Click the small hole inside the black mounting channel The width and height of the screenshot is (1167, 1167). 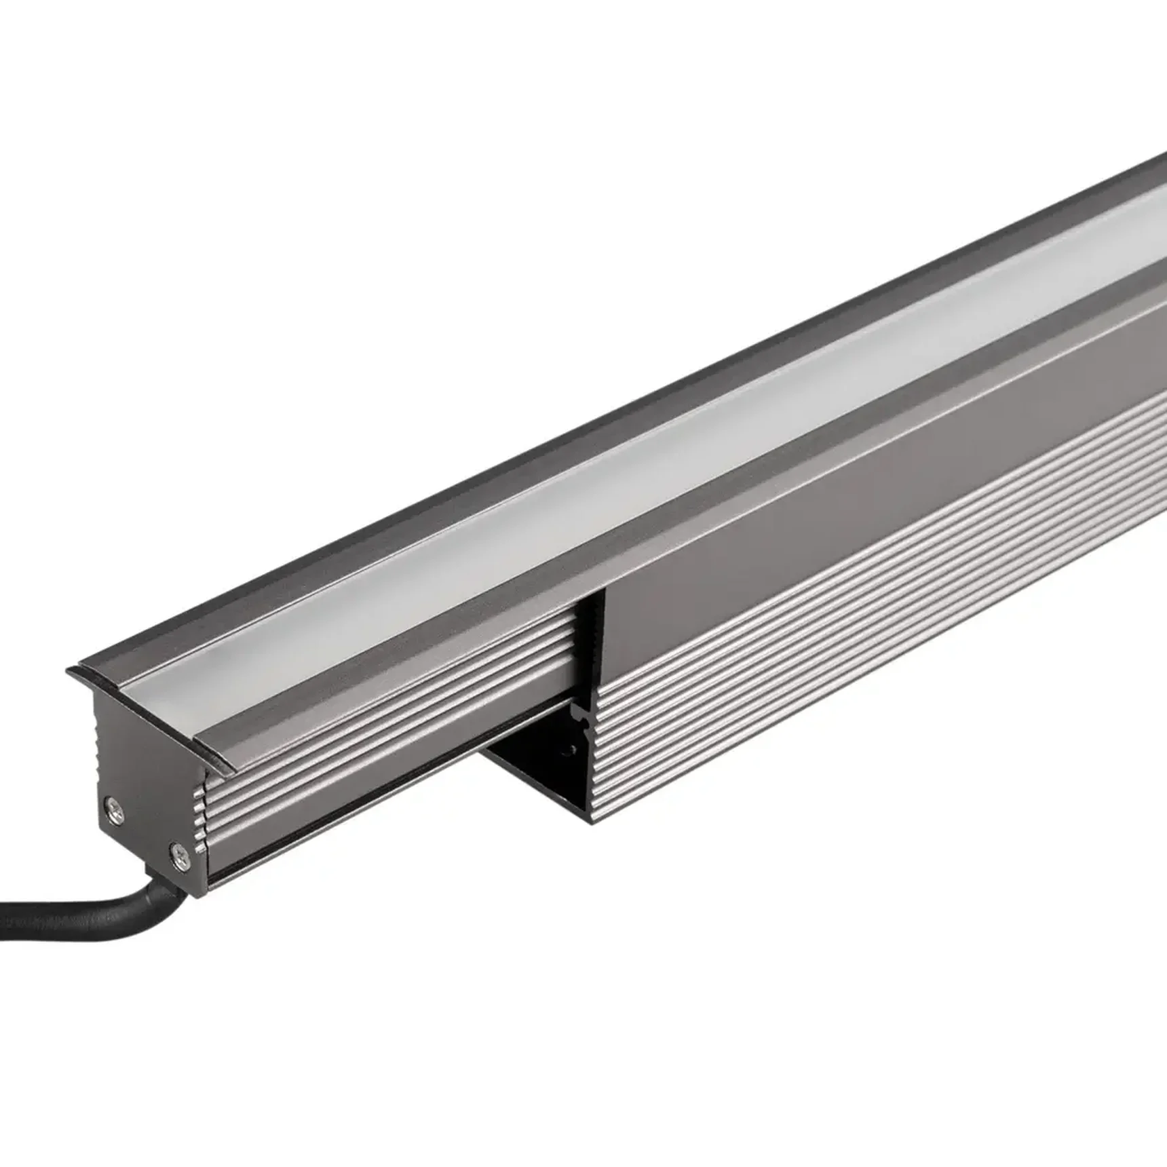click(572, 748)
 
